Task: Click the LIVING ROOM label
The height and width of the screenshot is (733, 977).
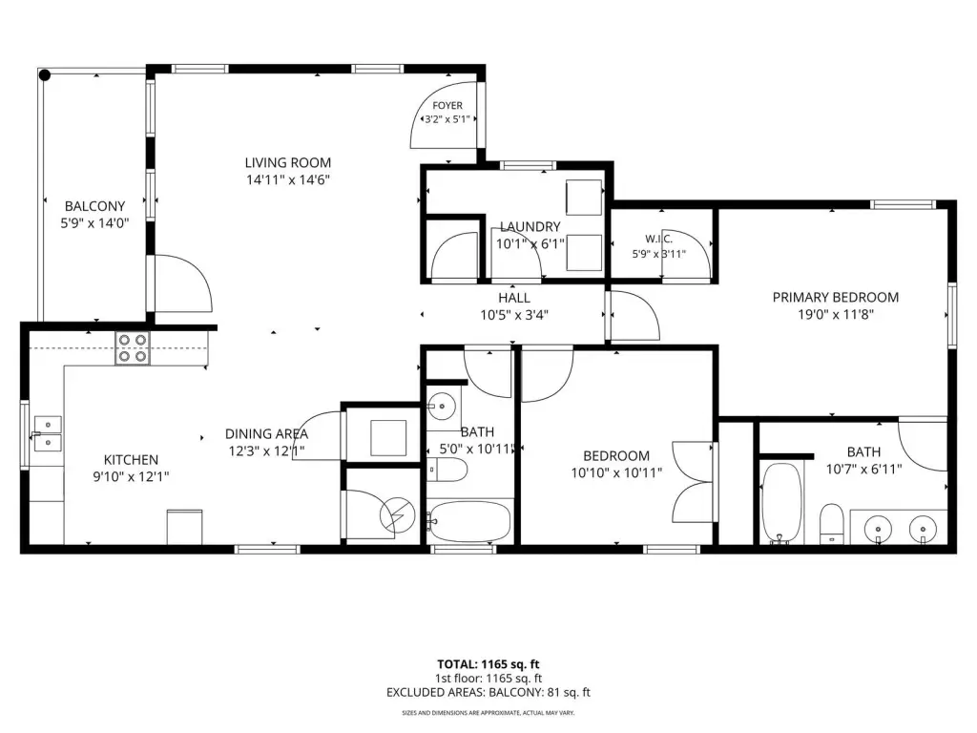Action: [287, 162]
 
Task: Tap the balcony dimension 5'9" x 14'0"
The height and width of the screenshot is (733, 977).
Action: [94, 223]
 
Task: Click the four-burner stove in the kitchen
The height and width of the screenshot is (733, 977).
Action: [133, 347]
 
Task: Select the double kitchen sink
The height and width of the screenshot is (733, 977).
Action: [48, 433]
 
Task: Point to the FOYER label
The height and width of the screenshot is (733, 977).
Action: [447, 106]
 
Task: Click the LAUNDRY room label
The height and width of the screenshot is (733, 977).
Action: [530, 226]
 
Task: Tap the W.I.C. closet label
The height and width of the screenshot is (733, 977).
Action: [658, 239]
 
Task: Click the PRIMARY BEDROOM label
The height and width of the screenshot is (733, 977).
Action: [836, 298]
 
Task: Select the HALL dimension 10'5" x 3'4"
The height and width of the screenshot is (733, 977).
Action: [514, 315]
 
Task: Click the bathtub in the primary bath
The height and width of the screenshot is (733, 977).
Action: [781, 504]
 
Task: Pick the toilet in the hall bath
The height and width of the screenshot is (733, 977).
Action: [447, 470]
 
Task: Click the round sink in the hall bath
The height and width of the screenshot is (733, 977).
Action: [442, 407]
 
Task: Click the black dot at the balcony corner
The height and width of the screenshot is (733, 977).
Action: [45, 75]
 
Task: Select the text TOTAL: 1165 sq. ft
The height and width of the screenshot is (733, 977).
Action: [488, 664]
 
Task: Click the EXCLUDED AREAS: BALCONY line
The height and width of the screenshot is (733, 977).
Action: [488, 693]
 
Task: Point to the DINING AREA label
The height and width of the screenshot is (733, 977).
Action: [267, 434]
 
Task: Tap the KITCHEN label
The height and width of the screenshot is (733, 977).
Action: [131, 460]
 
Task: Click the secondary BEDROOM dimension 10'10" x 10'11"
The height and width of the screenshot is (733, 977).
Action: [617, 473]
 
